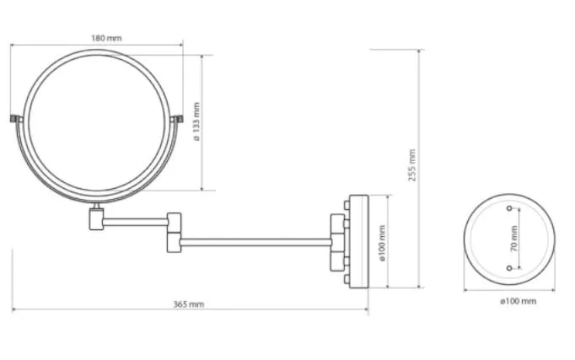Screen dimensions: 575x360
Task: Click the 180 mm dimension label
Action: (x=106, y=38)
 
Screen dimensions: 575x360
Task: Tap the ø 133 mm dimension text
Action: (x=197, y=121)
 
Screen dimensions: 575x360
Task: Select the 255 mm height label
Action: (x=412, y=165)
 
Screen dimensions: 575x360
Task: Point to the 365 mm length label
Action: (x=189, y=304)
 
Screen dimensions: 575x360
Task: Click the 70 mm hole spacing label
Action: (x=514, y=239)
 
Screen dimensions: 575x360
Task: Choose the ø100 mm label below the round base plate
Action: (x=519, y=301)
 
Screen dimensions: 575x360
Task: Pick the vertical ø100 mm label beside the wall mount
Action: (x=382, y=243)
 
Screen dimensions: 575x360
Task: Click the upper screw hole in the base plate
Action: (x=509, y=208)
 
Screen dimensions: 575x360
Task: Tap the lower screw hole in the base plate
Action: (x=509, y=268)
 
